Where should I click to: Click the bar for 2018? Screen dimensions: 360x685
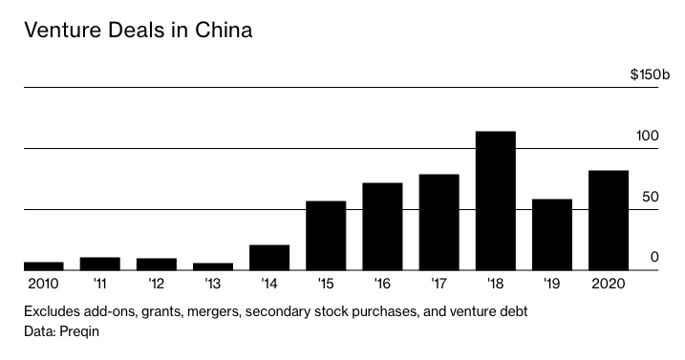[x=495, y=201]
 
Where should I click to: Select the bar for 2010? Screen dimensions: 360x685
[x=43, y=265]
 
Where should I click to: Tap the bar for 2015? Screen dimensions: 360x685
[x=326, y=235]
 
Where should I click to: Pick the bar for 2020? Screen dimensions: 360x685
[x=608, y=220]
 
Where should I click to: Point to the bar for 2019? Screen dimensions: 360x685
[x=551, y=234]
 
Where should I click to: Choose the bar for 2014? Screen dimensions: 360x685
[x=269, y=257]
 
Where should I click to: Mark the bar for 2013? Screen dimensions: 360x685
[x=213, y=266]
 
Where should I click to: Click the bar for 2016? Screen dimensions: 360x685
[x=382, y=226]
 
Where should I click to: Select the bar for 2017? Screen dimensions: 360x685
[x=439, y=222]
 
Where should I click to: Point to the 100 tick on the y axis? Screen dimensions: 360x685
[x=648, y=136]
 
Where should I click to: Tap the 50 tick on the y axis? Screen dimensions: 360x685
[x=651, y=197]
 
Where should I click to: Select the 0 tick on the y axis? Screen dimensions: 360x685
[x=654, y=257]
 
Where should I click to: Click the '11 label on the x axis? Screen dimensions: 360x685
[x=99, y=284]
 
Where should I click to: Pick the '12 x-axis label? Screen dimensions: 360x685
[x=156, y=284]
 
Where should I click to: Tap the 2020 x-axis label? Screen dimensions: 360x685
[x=608, y=284]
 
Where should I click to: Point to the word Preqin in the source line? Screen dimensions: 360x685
[x=79, y=331]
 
